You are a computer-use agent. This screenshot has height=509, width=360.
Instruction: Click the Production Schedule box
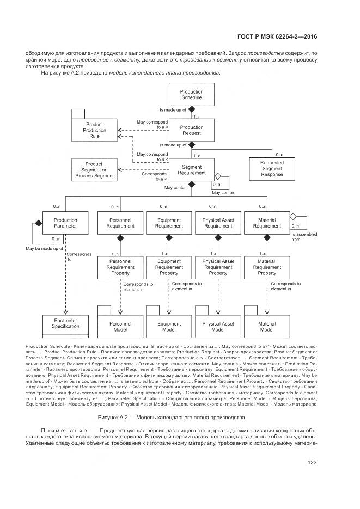coord(191,95)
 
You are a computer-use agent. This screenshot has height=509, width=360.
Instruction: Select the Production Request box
coord(191,130)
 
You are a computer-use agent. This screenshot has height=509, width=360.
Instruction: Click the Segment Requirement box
coord(191,169)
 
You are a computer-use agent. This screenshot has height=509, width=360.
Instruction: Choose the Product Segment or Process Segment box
coord(95,169)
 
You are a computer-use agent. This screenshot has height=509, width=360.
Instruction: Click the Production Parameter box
coord(65,223)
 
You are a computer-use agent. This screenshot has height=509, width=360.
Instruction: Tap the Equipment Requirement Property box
coord(169,267)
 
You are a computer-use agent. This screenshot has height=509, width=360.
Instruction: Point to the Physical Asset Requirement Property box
coord(218,267)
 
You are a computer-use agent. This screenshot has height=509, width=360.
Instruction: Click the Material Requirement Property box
coord(267,267)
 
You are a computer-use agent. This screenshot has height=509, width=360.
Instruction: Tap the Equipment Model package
coord(169,327)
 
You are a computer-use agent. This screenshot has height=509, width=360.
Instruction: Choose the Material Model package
coord(267,327)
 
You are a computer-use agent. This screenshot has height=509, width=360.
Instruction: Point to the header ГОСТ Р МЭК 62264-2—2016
coord(277,37)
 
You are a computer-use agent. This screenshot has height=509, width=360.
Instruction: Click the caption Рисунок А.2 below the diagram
coord(172,418)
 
